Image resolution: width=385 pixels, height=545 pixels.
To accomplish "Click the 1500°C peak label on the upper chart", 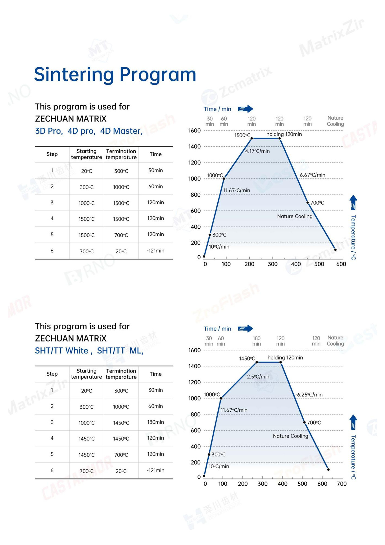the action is [x=242, y=135].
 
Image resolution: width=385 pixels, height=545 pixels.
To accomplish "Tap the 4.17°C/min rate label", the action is [x=257, y=151].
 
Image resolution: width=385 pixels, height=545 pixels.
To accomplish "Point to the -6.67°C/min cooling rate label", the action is [x=311, y=175].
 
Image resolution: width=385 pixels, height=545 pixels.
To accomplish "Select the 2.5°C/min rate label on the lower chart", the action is [x=258, y=377].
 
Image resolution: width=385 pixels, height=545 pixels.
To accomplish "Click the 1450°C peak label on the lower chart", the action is [x=247, y=359].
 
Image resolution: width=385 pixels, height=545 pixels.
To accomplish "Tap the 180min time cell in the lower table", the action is [x=156, y=422].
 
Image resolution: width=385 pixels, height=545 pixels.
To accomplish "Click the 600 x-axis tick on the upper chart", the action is [x=341, y=264].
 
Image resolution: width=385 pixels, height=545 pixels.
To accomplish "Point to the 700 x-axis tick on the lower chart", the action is [x=342, y=484].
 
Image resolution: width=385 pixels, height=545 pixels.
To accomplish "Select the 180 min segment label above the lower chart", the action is [x=256, y=341].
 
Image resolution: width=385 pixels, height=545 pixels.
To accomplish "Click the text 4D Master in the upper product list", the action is [x=120, y=131].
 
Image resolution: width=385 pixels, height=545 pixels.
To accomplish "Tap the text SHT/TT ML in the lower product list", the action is [x=119, y=351].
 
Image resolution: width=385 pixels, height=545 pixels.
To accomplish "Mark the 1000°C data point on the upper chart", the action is [x=224, y=178].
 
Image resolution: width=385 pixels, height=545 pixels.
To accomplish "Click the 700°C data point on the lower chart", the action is [x=304, y=422].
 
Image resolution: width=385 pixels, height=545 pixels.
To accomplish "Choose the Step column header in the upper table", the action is [x=52, y=154].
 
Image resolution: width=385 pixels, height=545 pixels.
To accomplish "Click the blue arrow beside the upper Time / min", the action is [x=246, y=109].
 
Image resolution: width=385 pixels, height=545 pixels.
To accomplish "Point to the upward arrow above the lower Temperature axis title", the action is [x=353, y=422].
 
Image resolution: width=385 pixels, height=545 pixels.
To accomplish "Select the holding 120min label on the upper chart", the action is [x=284, y=134].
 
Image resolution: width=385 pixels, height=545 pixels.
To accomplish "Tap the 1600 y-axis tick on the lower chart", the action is [x=194, y=350].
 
